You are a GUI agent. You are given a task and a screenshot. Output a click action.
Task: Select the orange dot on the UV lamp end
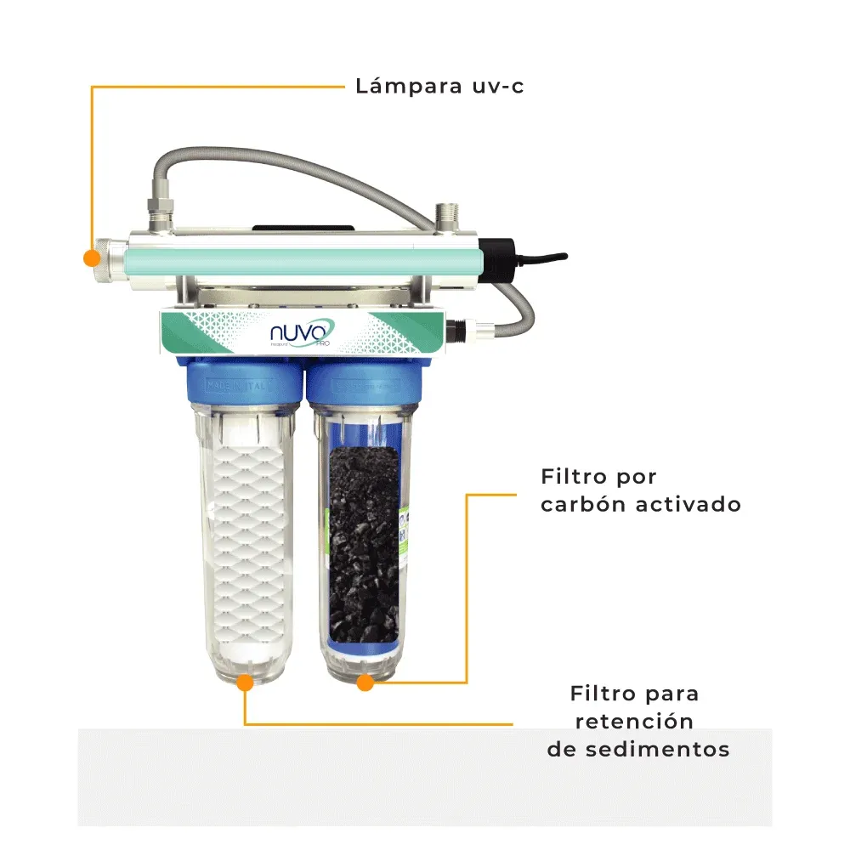click(x=89, y=257)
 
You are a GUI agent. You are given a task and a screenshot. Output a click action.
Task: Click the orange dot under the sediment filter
click(x=246, y=682)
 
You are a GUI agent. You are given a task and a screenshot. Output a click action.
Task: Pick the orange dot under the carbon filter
click(x=365, y=682)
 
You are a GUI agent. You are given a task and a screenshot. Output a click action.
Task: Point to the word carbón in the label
click(x=583, y=504)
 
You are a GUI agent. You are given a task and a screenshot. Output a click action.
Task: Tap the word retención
click(x=634, y=722)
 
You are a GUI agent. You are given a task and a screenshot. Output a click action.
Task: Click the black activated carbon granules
click(x=363, y=544)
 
